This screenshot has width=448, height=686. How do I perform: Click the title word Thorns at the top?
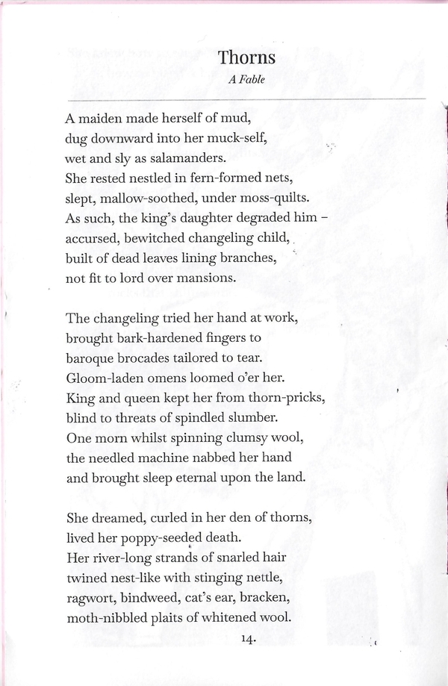click(247, 57)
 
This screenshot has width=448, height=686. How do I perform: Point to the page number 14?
click(249, 638)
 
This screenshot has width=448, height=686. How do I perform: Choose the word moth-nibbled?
click(109, 618)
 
